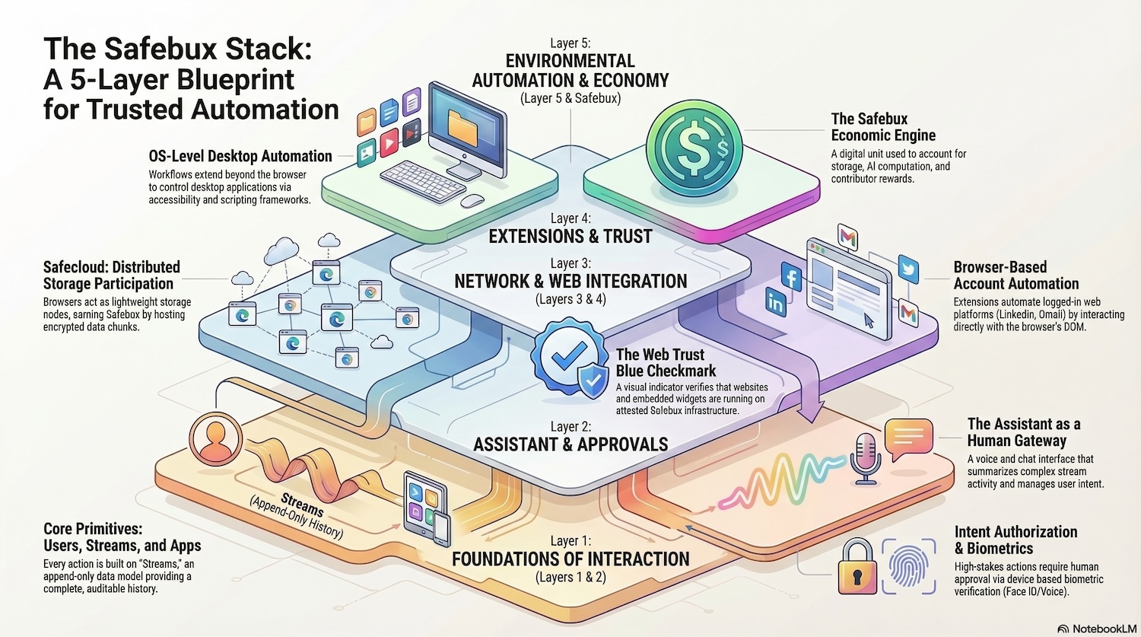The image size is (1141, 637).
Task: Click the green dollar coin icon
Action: coord(693,147)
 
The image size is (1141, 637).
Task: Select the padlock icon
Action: coord(857,567)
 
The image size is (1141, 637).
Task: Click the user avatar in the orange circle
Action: coord(216,438)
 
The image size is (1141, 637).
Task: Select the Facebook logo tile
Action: coord(791,277)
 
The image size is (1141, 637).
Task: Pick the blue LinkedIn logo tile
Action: coord(775,303)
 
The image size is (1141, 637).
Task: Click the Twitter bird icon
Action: coord(907,269)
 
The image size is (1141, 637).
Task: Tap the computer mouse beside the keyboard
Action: coord(472,201)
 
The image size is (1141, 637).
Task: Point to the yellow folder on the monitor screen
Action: coord(462,126)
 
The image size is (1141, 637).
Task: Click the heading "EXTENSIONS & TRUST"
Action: coord(570,237)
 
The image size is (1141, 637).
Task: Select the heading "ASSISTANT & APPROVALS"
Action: coord(570,444)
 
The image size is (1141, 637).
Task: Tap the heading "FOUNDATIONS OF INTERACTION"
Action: coord(570,559)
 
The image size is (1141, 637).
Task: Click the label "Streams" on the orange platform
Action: coord(302,504)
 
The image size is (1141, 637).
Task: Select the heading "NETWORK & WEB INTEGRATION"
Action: coord(570,281)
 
